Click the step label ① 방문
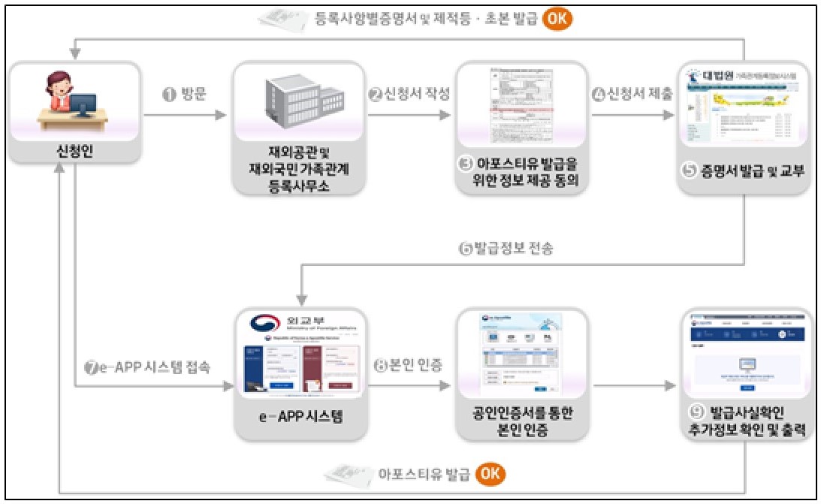(x=184, y=95)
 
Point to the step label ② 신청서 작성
(x=409, y=95)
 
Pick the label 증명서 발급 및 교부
(x=744, y=171)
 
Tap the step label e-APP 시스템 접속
(x=147, y=368)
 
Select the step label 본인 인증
(x=408, y=367)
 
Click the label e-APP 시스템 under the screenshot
(x=300, y=418)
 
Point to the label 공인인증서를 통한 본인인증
(x=521, y=420)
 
